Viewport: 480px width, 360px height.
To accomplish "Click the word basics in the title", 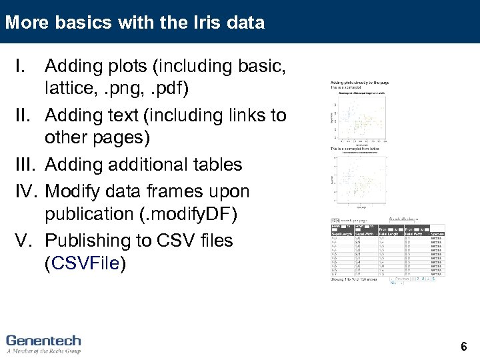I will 78,23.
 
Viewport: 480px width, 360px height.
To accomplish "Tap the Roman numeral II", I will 25,115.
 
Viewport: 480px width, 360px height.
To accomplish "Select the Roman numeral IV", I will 27,191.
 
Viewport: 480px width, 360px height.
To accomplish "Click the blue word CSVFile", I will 85,263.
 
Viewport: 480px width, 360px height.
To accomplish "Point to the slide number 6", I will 464,347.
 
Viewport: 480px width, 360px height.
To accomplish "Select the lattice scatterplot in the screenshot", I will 360,180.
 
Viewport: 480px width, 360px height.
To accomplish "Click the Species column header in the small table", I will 437,233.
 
